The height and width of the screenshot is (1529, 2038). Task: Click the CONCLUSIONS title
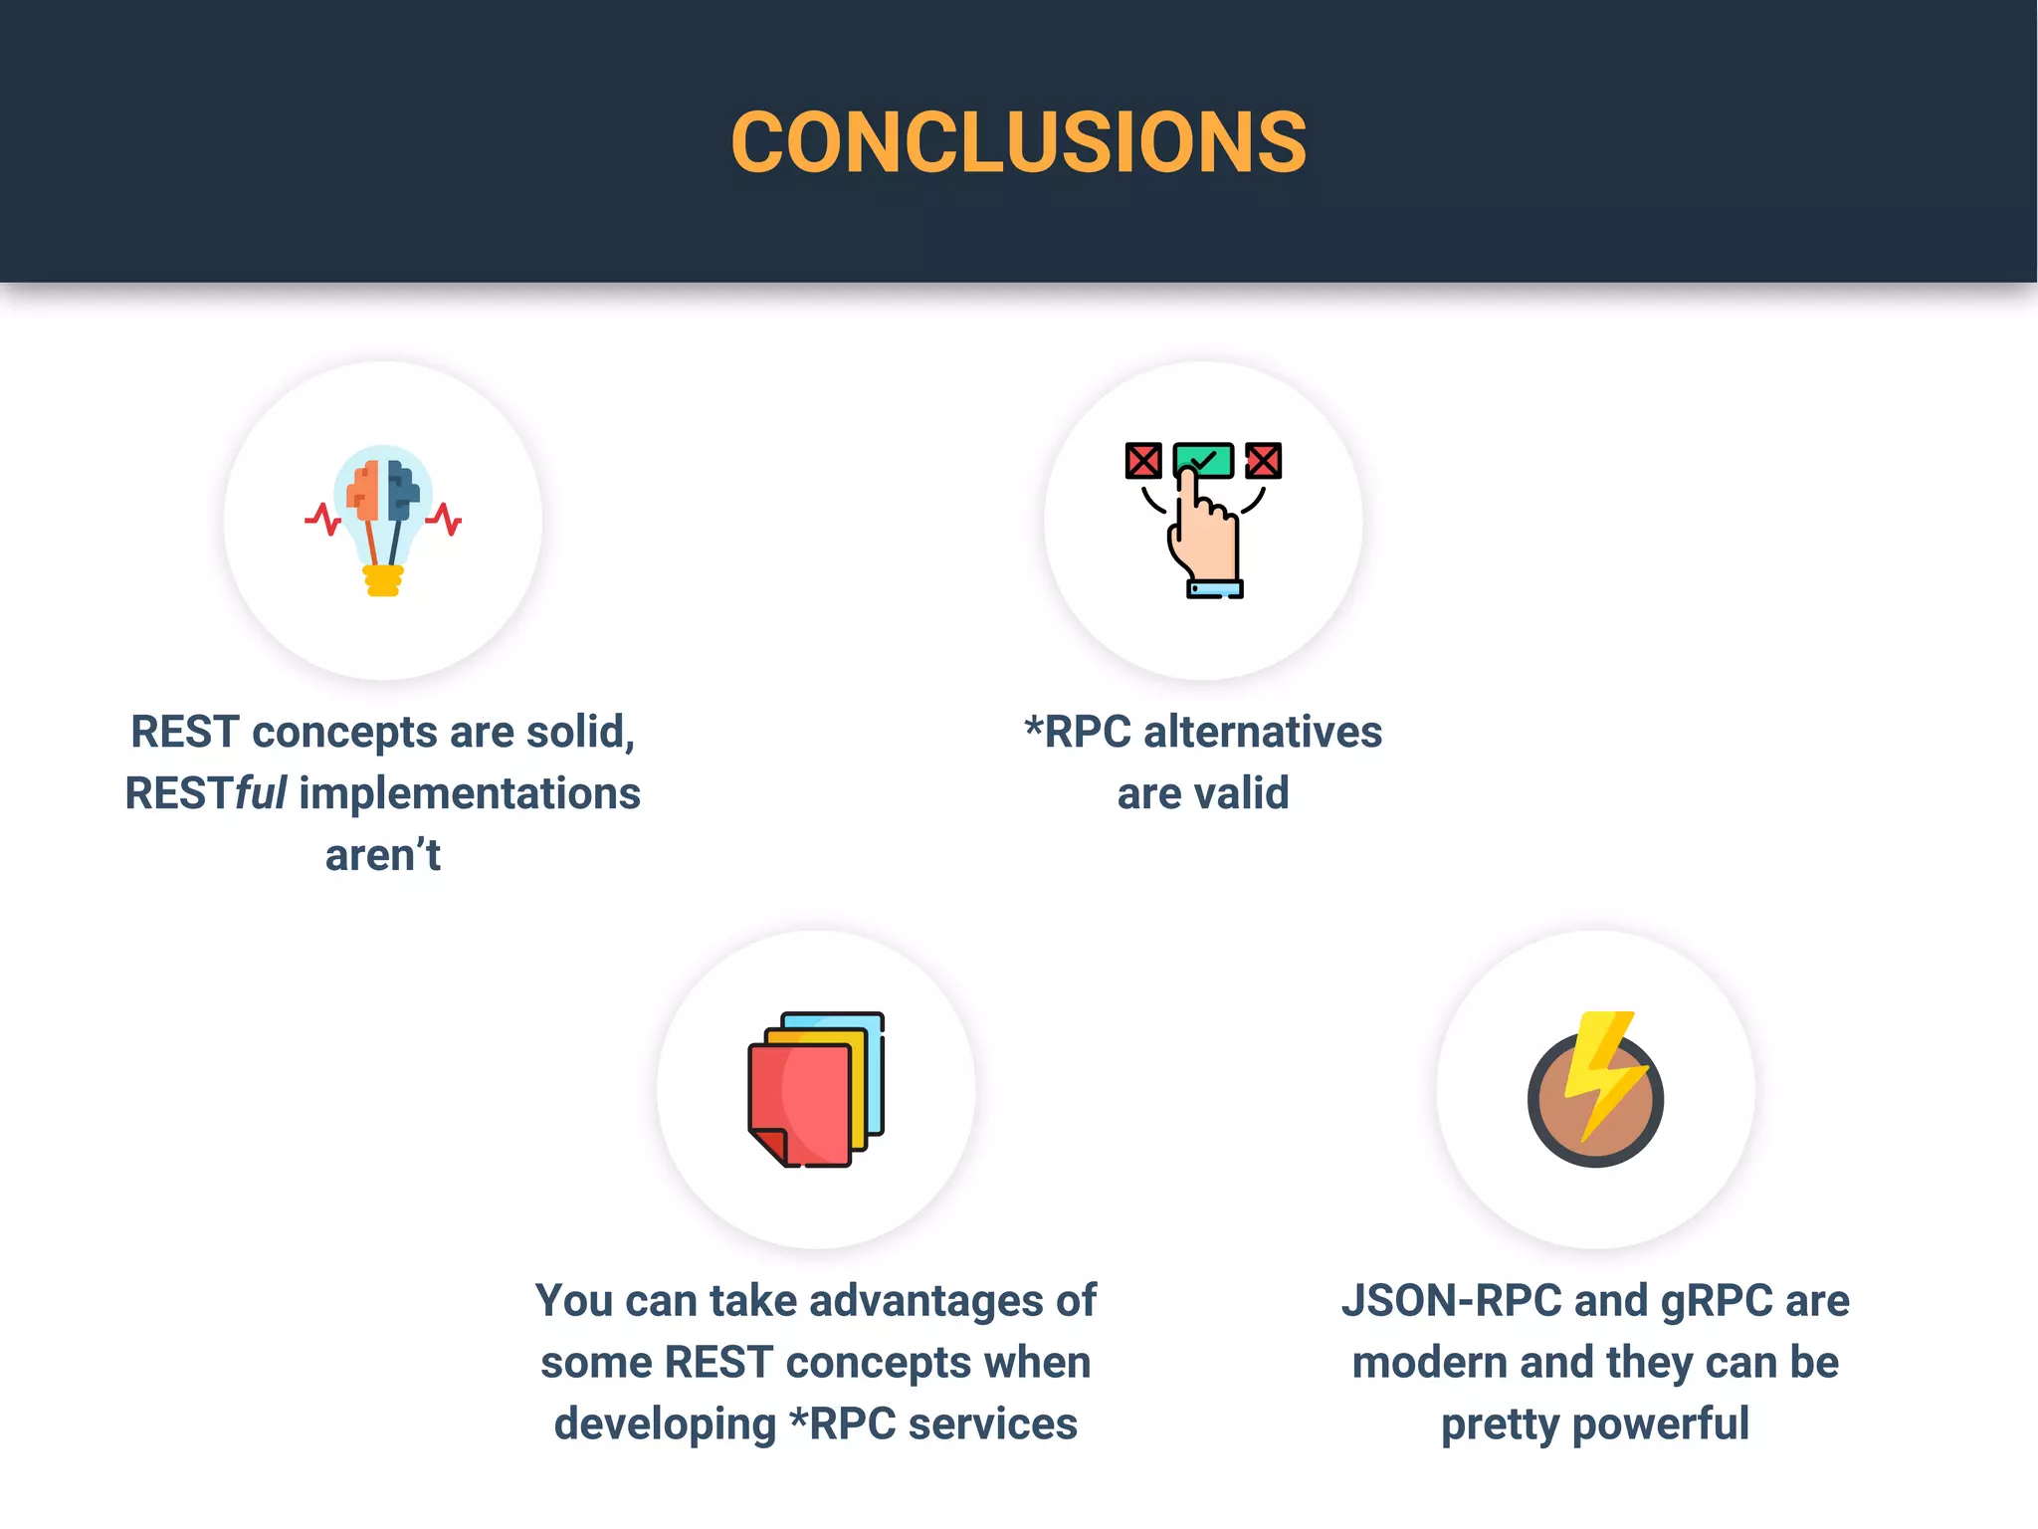pos(1018,142)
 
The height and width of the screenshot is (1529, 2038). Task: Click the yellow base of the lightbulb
pos(383,580)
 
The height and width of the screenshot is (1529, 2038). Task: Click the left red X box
pos(1142,461)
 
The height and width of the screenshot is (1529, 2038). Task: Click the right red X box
pos(1264,461)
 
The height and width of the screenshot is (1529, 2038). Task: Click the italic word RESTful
pos(206,794)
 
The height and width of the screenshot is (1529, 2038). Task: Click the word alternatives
pos(1262,733)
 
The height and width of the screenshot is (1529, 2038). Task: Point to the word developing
pos(665,1424)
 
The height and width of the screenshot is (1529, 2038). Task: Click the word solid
pos(579,733)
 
